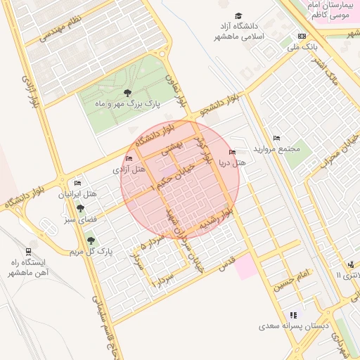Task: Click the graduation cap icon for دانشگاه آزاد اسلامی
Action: tap(239, 15)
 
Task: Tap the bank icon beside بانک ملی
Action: tap(302, 36)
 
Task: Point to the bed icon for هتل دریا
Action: tap(233, 152)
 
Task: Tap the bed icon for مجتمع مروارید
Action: tap(276, 139)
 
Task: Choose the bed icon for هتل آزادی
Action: tap(129, 158)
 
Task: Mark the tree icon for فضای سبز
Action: tap(81, 208)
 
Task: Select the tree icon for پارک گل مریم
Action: tap(91, 241)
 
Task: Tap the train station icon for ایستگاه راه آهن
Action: tap(28, 251)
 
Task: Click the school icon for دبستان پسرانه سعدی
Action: tap(293, 315)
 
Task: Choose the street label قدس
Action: tap(226, 264)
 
